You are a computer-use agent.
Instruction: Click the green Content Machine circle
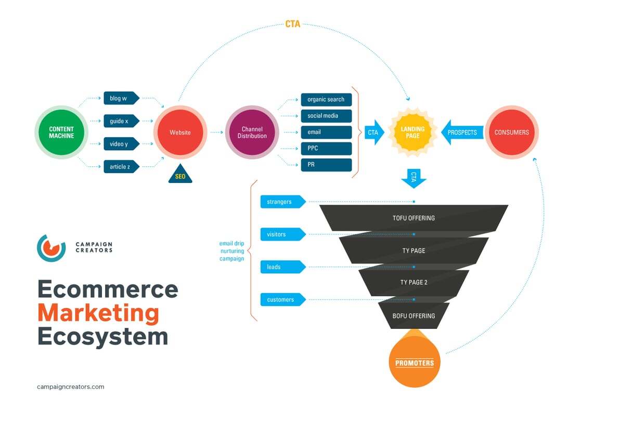(61, 132)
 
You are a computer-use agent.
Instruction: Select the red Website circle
(180, 132)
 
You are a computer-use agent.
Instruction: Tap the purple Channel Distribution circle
(252, 132)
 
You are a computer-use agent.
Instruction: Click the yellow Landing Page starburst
(412, 132)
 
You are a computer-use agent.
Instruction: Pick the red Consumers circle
(511, 132)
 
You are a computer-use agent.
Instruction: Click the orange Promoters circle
(415, 362)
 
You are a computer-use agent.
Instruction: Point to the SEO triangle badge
(180, 176)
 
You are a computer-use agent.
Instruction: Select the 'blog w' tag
(121, 98)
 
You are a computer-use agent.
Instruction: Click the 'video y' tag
(121, 144)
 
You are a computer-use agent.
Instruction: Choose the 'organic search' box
(326, 99)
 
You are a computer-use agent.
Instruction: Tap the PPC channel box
(326, 149)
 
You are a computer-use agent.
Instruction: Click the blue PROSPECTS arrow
(461, 132)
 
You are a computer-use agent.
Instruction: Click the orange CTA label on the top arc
(293, 24)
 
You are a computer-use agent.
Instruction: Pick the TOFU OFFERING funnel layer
(414, 218)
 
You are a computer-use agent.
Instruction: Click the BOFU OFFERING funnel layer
(414, 315)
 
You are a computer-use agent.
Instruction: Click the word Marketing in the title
(98, 313)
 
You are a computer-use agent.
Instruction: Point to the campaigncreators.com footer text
(71, 387)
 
